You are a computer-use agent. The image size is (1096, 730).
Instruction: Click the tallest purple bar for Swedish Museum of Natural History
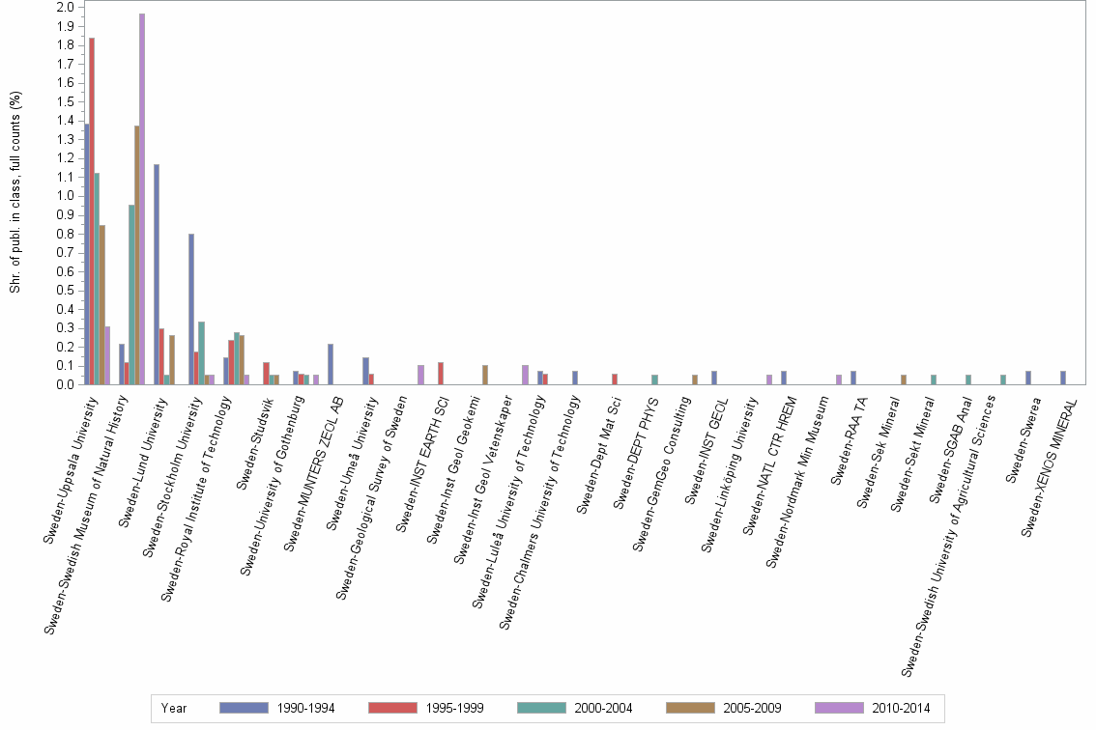point(142,199)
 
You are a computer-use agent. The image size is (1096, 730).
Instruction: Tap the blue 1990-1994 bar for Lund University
point(157,274)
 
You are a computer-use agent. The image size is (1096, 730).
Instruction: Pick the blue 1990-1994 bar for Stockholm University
point(191,309)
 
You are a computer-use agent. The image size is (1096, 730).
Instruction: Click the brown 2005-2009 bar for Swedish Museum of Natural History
point(137,255)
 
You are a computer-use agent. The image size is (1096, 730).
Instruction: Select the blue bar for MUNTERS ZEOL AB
point(331,364)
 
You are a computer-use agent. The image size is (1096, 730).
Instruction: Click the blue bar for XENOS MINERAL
point(1063,378)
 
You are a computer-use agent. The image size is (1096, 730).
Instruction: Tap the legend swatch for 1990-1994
point(245,709)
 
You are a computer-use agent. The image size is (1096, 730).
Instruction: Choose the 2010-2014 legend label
point(902,709)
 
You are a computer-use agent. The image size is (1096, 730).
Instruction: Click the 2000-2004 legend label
point(604,709)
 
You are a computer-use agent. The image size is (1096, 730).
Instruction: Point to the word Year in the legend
point(174,709)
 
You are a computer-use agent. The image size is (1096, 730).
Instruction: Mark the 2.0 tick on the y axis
point(66,8)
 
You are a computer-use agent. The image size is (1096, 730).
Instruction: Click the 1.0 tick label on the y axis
point(66,196)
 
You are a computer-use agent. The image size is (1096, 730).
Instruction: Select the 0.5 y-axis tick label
point(66,291)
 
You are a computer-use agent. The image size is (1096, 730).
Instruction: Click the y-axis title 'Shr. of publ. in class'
point(15,193)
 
